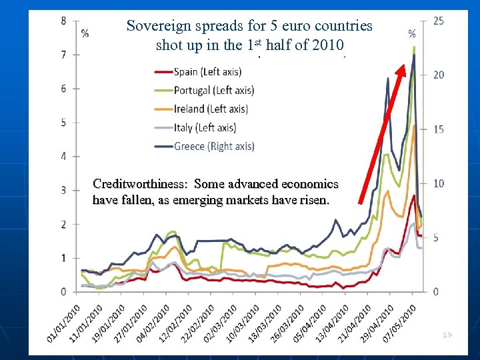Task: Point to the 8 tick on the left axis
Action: click(x=63, y=21)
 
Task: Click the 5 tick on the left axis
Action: click(x=63, y=122)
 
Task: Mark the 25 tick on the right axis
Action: click(x=438, y=21)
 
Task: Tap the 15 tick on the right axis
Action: click(x=438, y=129)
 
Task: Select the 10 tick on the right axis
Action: click(x=438, y=183)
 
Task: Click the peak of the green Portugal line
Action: click(x=414, y=47)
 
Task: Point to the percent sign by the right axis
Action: click(x=412, y=33)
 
